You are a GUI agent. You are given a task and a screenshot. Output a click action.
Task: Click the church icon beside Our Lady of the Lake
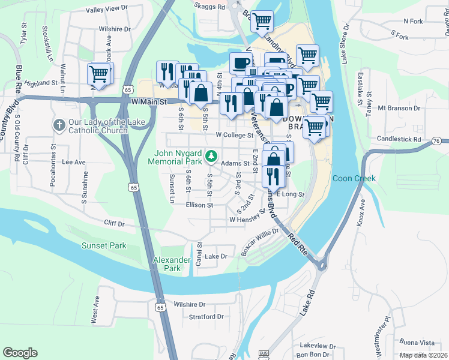tap(59, 125)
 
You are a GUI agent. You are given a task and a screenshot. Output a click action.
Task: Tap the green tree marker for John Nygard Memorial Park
tap(211, 156)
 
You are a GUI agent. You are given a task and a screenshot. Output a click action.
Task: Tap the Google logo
tap(20, 353)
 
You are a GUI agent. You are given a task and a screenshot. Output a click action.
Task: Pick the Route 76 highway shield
tap(436, 141)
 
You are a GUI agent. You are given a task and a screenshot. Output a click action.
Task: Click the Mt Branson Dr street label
tap(399, 109)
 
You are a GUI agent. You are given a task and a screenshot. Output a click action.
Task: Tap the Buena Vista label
tap(418, 343)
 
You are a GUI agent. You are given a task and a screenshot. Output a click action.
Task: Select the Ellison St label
tap(199, 205)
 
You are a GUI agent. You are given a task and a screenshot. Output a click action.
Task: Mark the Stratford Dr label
tap(206, 316)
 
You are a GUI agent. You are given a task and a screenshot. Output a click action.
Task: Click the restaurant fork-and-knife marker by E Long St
tap(273, 178)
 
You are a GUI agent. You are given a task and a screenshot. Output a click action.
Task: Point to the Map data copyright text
tap(423, 355)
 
